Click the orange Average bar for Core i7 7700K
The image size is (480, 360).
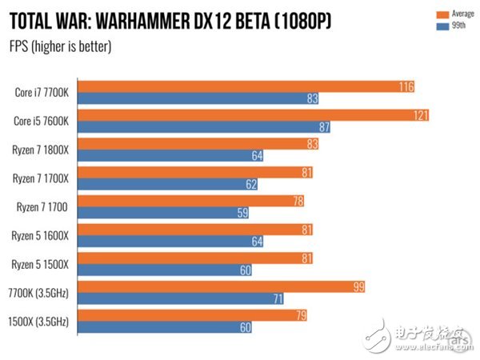[240, 86]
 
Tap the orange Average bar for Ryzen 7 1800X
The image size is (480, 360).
[192, 144]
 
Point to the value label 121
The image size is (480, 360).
[420, 115]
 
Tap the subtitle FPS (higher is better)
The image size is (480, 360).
[60, 46]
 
